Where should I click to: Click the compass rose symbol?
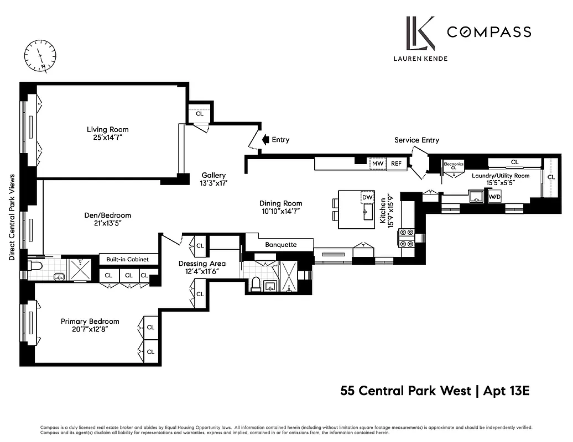40,57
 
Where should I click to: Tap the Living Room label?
107,130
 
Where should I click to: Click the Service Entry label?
416,140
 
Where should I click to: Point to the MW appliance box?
377,164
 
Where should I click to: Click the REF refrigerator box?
396,164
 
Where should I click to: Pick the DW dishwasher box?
367,197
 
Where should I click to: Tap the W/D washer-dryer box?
494,196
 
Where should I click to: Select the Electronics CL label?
454,165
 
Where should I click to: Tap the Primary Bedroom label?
90,321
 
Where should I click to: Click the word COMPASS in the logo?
489,32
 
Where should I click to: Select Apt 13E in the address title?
507,391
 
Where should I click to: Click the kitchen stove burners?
407,238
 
